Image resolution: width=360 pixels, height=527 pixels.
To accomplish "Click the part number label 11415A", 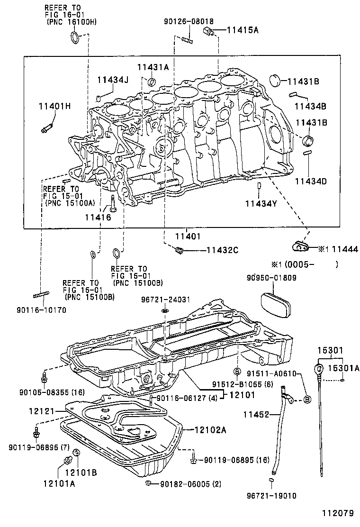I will [243, 30].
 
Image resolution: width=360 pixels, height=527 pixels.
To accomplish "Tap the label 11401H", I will [54, 106].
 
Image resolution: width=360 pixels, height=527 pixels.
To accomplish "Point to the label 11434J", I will [113, 80].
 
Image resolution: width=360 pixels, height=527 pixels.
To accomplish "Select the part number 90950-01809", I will [271, 278].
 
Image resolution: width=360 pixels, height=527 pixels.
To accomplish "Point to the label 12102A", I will [209, 430].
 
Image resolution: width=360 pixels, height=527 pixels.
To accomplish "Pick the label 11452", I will [256, 415].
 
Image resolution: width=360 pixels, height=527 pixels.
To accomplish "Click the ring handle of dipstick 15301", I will [319, 367].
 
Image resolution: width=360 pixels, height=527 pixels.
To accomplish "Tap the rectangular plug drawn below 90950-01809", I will [274, 303].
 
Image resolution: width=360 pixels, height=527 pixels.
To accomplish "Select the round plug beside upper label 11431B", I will [276, 81].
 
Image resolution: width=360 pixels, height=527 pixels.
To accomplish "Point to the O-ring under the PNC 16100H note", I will [75, 38].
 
